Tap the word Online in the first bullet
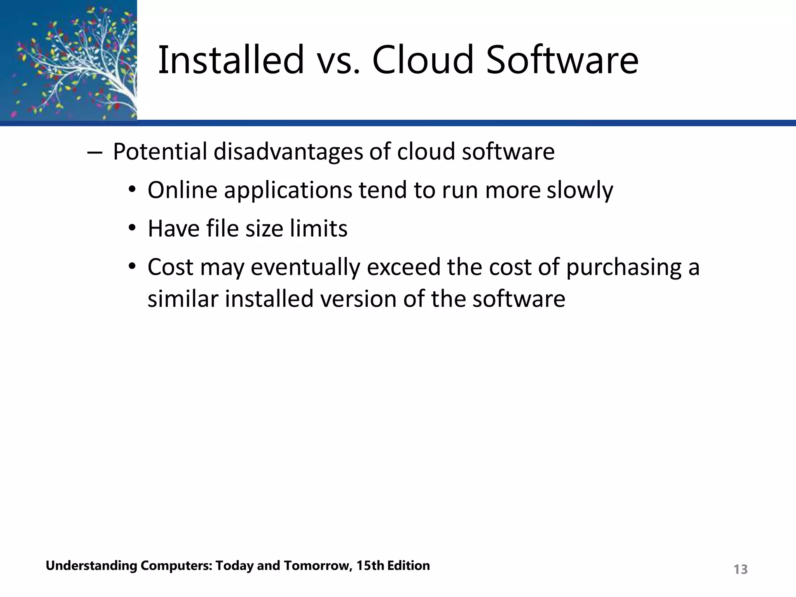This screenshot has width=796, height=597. [x=182, y=190]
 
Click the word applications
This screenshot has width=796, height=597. [x=288, y=191]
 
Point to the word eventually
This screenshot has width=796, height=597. [x=305, y=268]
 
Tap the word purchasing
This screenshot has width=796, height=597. [x=624, y=268]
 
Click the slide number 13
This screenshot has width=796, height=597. [x=740, y=569]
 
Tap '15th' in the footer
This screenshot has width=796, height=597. [x=370, y=566]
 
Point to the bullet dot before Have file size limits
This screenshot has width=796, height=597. [x=132, y=228]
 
